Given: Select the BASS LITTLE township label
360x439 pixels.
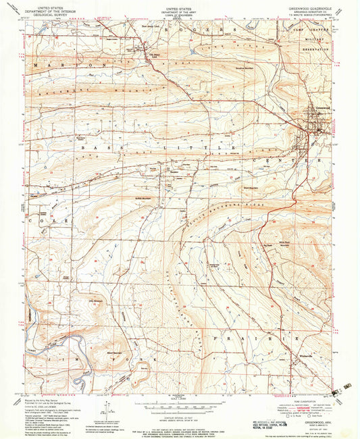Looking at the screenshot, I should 155,147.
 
